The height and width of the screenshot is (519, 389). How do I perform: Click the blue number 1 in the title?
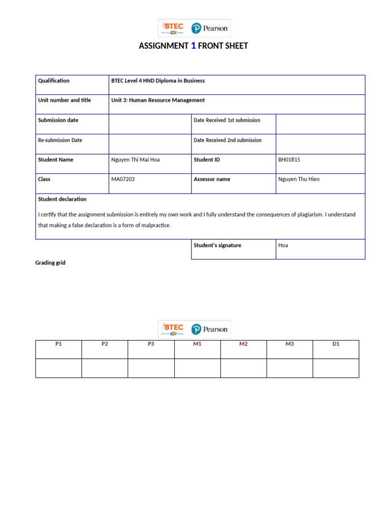(193, 46)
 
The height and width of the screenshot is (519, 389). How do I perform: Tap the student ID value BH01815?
(289, 160)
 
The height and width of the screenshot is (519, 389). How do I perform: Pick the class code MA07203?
(123, 179)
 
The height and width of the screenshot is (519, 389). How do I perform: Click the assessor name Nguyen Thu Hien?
(299, 179)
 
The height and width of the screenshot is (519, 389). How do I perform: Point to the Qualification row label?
(54, 81)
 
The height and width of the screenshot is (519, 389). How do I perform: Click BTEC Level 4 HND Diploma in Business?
(158, 81)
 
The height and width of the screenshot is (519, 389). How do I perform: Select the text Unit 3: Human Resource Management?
(158, 100)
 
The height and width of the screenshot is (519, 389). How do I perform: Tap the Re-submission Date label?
(60, 140)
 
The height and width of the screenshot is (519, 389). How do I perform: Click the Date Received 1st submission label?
(227, 120)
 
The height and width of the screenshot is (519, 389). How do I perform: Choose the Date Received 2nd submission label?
(227, 140)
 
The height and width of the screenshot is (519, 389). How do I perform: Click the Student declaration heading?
(62, 199)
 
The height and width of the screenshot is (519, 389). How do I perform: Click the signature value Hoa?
(283, 245)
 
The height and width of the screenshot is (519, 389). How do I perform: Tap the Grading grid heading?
(50, 263)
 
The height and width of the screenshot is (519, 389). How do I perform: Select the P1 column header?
(58, 344)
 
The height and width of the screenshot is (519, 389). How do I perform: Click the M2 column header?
(243, 344)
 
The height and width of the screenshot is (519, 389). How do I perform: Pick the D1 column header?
(335, 344)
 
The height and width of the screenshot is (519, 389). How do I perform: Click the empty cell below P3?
(151, 368)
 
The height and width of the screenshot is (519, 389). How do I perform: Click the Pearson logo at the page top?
(210, 28)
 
